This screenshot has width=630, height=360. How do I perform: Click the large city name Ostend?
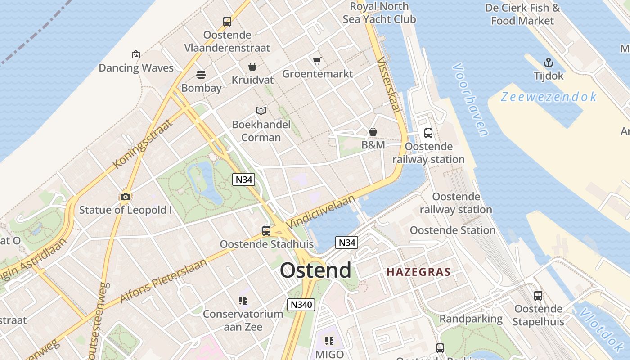pyautogui.click(x=315, y=270)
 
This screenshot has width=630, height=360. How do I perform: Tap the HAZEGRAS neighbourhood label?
pyautogui.click(x=418, y=272)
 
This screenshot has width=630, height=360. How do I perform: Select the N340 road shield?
pyautogui.click(x=301, y=304)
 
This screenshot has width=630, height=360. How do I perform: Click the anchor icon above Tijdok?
pyautogui.click(x=548, y=63)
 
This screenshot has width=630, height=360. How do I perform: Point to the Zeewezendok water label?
pyautogui.click(x=549, y=97)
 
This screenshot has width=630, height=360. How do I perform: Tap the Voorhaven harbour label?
pyautogui.click(x=470, y=99)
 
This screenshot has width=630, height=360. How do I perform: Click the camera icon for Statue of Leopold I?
pyautogui.click(x=126, y=197)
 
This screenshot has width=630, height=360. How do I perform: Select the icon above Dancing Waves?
pyautogui.click(x=136, y=54)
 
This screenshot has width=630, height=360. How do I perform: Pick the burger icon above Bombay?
pyautogui.click(x=201, y=75)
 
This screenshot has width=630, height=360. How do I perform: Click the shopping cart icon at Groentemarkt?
pyautogui.click(x=317, y=60)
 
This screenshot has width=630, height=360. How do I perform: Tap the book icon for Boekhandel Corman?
pyautogui.click(x=261, y=111)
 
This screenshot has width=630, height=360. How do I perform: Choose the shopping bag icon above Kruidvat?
pyautogui.click(x=252, y=67)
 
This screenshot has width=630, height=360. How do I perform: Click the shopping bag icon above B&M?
pyautogui.click(x=373, y=132)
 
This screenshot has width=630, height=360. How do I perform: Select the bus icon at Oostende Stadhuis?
pyautogui.click(x=266, y=231)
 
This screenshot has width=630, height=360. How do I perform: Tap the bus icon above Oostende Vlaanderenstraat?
pyautogui.click(x=227, y=21)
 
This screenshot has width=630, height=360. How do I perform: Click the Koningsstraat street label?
pyautogui.click(x=143, y=144)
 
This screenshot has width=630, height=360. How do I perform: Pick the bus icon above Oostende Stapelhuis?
pyautogui.click(x=538, y=296)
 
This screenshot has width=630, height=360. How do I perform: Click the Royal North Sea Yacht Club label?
pyautogui.click(x=379, y=13)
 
